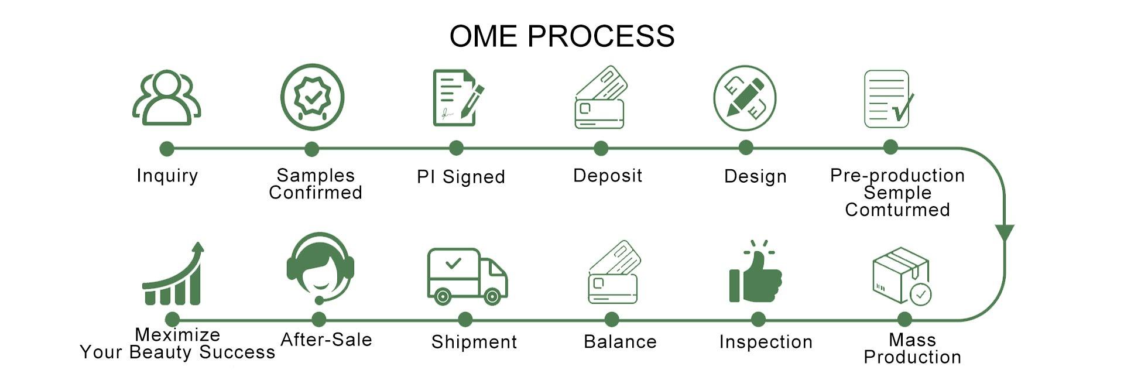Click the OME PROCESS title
coord(561,36)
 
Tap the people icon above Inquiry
coord(167,98)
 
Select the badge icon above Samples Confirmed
coord(312,97)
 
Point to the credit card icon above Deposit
coord(601,97)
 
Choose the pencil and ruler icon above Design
coord(745,98)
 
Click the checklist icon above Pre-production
coord(888,99)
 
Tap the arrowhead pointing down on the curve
coord(1005,232)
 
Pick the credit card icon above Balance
coord(614,272)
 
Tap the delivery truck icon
coord(467,276)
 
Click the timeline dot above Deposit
coord(601,149)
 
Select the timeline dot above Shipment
coord(465,320)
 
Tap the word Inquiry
coord(167,176)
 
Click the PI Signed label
coord(461,177)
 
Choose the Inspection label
coord(766,342)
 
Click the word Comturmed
coord(897,210)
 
